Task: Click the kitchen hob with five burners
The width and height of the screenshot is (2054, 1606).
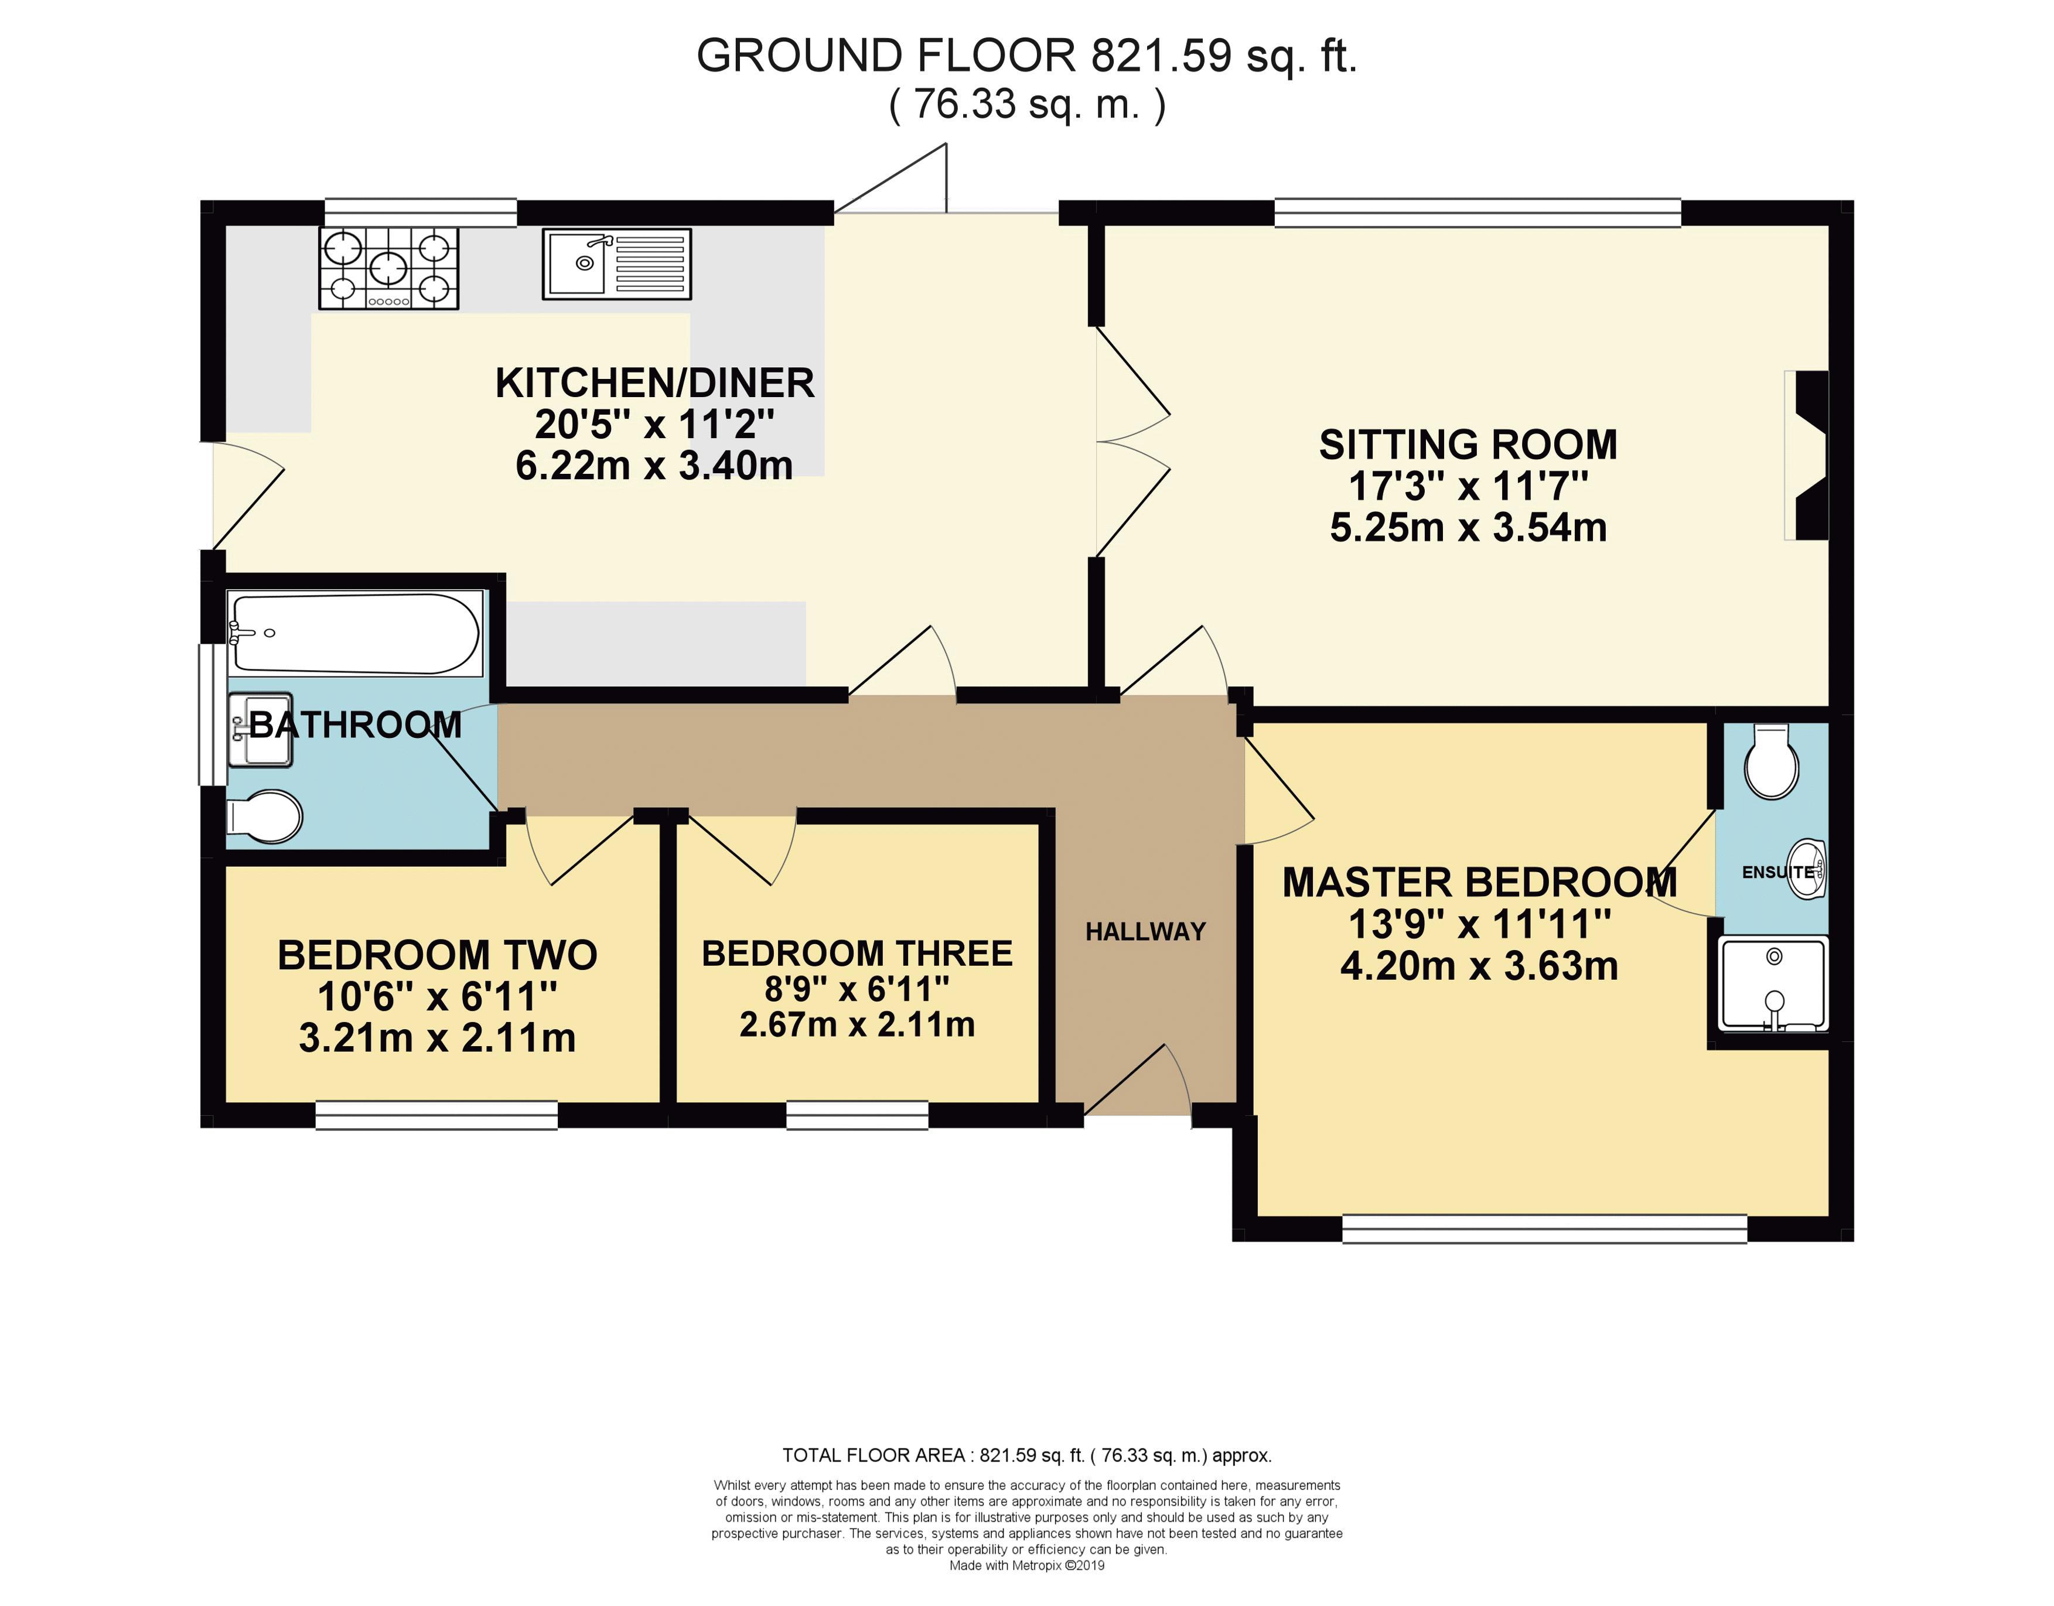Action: click(x=390, y=268)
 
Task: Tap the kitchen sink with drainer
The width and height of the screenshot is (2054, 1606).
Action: click(x=617, y=264)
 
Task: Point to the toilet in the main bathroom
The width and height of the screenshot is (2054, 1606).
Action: click(x=265, y=816)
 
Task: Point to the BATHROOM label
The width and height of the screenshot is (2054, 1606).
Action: click(x=356, y=725)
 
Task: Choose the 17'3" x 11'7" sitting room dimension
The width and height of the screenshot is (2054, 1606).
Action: click(x=1468, y=486)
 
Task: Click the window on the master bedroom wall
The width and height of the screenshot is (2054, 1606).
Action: click(x=1544, y=1229)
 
